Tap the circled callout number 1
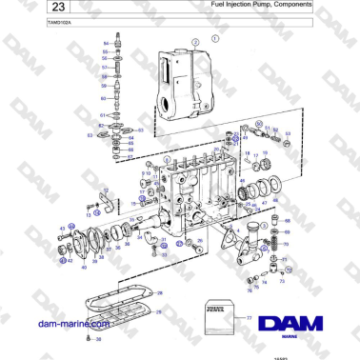tap(215, 39)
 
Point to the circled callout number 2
tap(196, 44)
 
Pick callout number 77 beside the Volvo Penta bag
tap(250, 316)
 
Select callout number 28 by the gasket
tap(160, 292)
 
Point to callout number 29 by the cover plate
tap(160, 312)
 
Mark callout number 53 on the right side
tap(290, 133)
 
